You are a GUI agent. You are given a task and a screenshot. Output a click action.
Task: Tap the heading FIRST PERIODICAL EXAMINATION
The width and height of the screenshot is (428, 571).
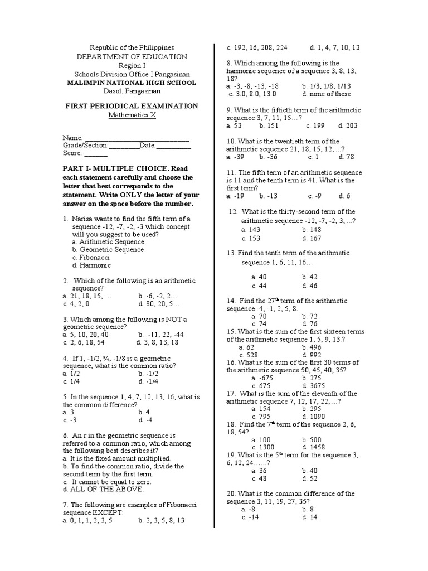click(132, 106)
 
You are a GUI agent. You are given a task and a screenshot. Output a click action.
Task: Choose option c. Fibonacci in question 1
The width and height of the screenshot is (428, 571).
click(91, 258)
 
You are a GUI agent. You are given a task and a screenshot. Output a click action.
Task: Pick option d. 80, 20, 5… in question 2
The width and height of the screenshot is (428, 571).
click(159, 304)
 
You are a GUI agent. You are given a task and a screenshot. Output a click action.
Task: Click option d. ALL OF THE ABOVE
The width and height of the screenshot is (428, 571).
click(103, 489)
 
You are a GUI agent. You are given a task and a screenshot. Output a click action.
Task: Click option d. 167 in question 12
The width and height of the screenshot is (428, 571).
click(312, 238)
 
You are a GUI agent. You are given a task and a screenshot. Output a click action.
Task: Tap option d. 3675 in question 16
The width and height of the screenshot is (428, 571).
click(313, 385)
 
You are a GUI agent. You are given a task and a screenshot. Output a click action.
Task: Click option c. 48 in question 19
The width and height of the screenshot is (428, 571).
click(260, 478)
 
